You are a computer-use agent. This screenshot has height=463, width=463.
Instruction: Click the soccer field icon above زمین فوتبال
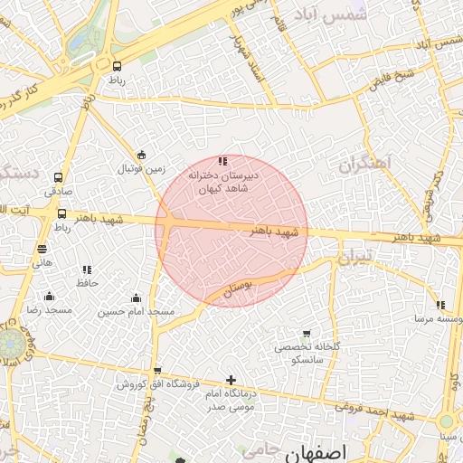[x=142, y=155]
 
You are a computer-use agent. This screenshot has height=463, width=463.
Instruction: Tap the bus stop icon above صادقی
[x=59, y=178]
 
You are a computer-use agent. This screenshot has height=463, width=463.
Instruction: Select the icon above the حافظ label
[x=87, y=269]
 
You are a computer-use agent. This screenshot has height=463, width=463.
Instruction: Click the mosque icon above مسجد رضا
[x=49, y=297]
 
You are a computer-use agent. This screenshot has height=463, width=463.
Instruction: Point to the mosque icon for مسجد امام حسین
[x=136, y=298]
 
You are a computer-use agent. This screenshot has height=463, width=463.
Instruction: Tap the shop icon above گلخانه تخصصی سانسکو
[x=307, y=334]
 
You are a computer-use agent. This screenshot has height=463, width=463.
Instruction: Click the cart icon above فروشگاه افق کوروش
[x=157, y=371]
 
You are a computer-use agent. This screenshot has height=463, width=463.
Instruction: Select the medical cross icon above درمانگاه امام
[x=231, y=380]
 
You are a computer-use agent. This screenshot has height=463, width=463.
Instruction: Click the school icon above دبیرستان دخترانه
[x=222, y=161]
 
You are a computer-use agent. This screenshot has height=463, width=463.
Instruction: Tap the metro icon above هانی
[x=43, y=250]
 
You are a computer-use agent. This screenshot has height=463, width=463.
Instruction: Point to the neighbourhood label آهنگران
[x=368, y=165]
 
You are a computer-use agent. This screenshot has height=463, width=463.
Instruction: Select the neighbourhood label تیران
[x=354, y=260]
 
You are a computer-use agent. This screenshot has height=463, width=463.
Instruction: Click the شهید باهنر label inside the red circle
[x=272, y=231]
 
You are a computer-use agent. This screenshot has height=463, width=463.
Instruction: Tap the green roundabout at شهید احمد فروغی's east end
[x=446, y=422]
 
